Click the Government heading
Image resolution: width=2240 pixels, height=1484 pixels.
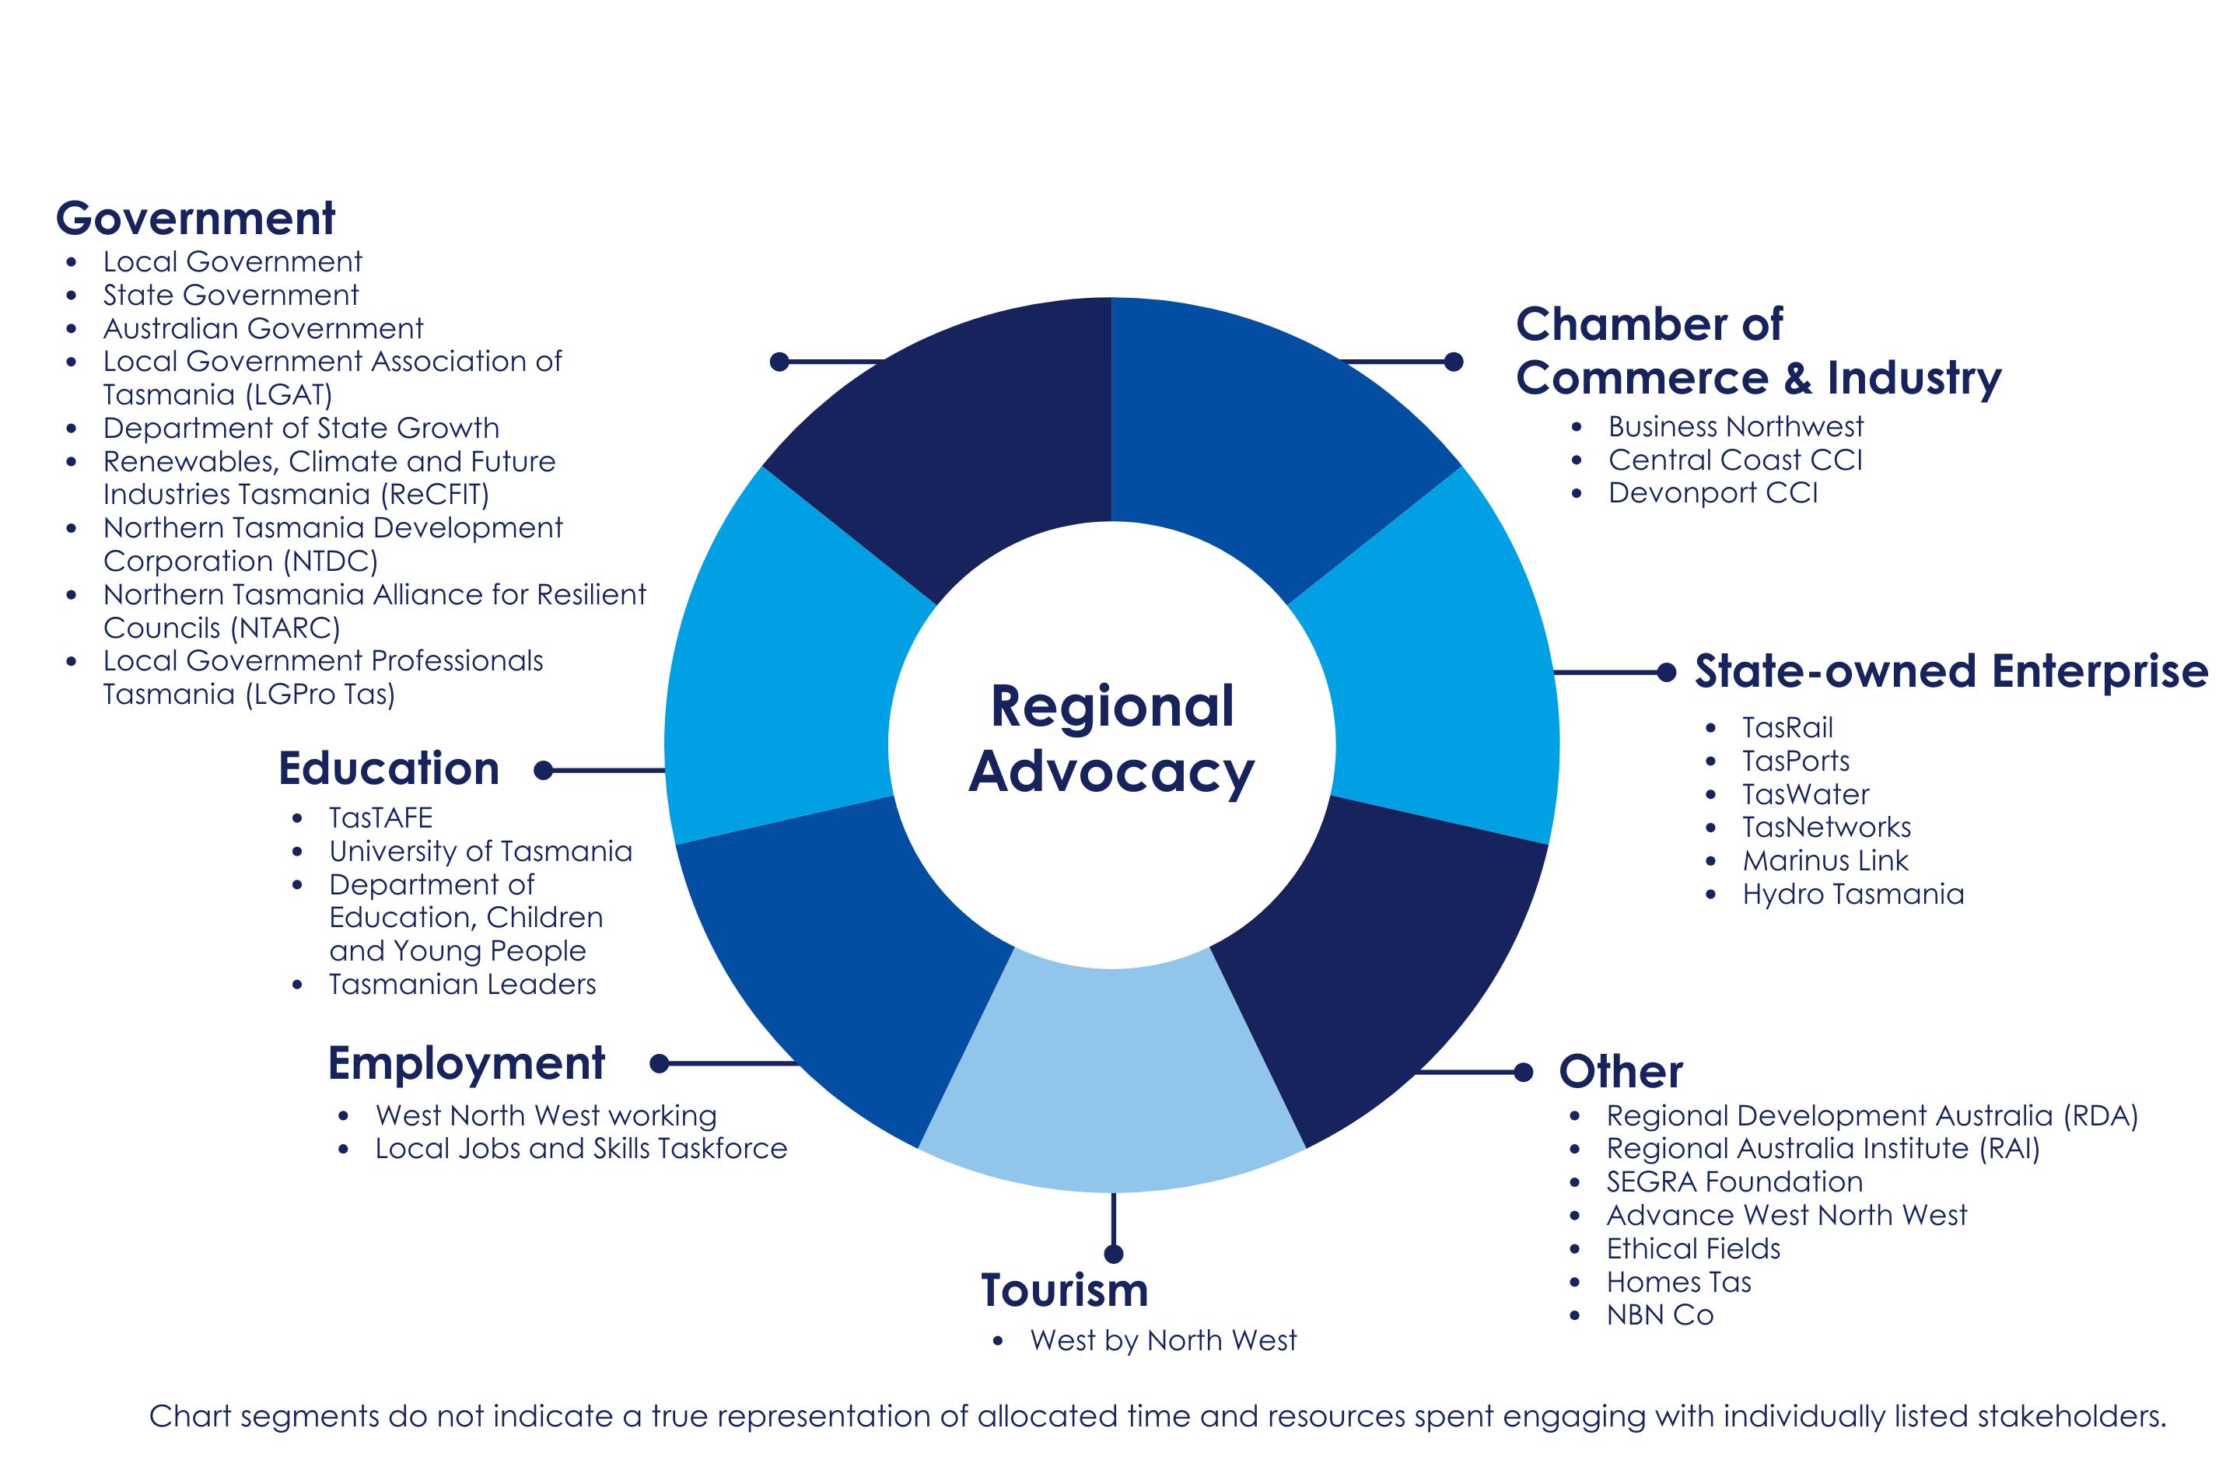[195, 219]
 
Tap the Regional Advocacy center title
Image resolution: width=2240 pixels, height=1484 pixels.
[1112, 739]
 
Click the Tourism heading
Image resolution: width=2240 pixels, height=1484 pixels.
[1065, 1290]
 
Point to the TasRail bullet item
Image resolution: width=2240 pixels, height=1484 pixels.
[1787, 728]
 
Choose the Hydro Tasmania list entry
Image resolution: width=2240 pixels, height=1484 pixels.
[1852, 894]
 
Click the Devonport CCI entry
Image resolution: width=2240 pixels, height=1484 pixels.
[1712, 493]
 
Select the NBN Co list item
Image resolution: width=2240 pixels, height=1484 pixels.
[1659, 1315]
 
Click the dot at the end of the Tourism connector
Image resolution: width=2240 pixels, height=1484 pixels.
[1114, 1254]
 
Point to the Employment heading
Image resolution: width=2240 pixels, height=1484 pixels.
[466, 1064]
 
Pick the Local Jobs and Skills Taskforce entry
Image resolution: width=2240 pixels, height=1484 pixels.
[580, 1149]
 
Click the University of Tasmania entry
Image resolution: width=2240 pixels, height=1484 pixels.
[480, 852]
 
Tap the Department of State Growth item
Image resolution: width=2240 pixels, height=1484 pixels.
[301, 429]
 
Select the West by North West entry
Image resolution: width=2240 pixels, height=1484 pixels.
[1163, 1341]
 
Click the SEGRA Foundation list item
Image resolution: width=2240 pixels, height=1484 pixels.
[1734, 1182]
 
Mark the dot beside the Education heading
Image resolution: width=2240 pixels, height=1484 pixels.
[543, 771]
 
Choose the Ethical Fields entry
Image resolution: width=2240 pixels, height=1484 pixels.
[1692, 1249]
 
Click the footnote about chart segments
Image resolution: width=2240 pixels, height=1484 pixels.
[1157, 1417]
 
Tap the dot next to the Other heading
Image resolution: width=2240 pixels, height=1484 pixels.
[1524, 1073]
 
